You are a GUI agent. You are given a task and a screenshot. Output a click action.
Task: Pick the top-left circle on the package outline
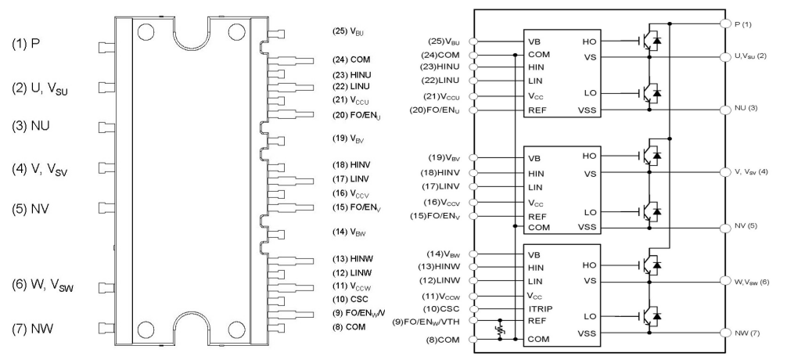point(145,32)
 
